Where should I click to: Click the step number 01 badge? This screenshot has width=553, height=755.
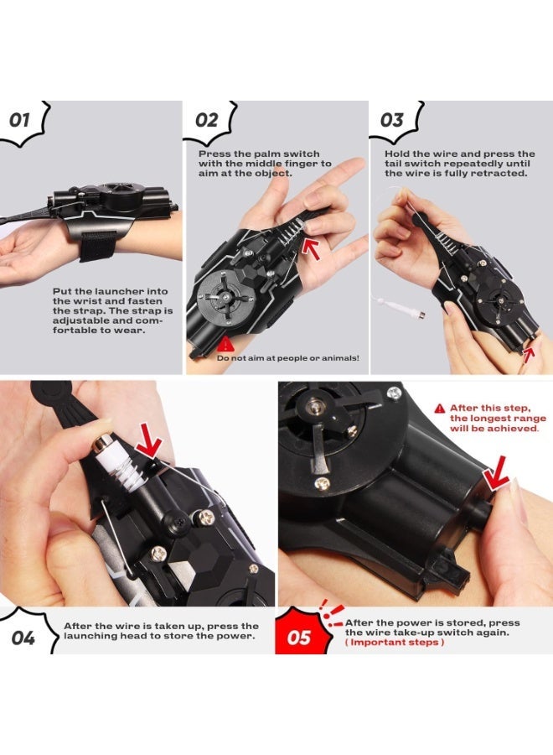[x=19, y=120]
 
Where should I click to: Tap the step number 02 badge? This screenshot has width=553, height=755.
[x=206, y=120]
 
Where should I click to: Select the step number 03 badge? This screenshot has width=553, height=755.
[x=392, y=120]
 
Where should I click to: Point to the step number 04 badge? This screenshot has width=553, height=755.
[x=23, y=638]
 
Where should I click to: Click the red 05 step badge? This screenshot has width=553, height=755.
[x=299, y=638]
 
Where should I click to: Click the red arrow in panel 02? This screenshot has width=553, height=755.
[x=313, y=247]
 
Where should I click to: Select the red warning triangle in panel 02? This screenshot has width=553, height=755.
[x=225, y=344]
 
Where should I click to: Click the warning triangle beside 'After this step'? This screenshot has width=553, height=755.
[x=440, y=408]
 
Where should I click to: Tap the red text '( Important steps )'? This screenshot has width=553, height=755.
[x=393, y=643]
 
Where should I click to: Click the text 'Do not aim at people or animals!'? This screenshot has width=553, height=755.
[x=287, y=358]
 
